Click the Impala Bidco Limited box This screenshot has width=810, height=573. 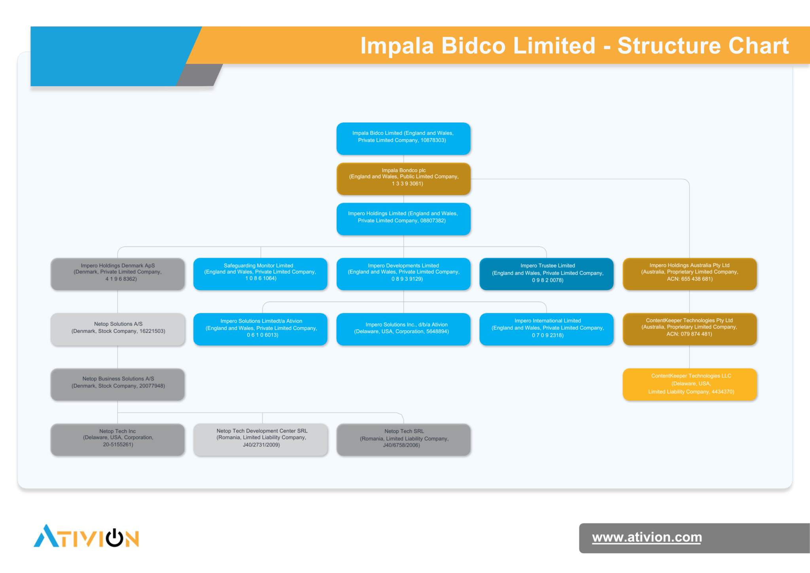(x=403, y=139)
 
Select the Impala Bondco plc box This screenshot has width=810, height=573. (x=403, y=179)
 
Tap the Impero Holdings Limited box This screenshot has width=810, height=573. (x=403, y=219)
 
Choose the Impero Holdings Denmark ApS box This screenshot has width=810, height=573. (x=117, y=274)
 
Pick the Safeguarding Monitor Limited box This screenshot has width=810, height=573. (x=260, y=274)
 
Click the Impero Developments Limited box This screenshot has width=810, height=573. (x=403, y=274)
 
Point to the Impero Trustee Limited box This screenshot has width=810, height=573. (x=547, y=274)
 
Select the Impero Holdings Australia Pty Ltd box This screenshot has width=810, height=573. (x=690, y=274)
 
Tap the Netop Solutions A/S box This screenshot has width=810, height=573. (x=117, y=329)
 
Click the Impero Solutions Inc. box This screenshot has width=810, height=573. (x=403, y=329)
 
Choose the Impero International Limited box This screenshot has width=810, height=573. (x=547, y=329)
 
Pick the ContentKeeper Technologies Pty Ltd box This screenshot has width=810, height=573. (x=690, y=329)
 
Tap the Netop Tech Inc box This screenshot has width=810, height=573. (x=117, y=440)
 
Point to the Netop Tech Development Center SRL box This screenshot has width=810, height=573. (x=260, y=440)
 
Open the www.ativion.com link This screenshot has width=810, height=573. (x=647, y=537)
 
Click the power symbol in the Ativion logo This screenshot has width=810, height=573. (x=115, y=538)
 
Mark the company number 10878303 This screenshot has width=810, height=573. (x=433, y=140)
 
